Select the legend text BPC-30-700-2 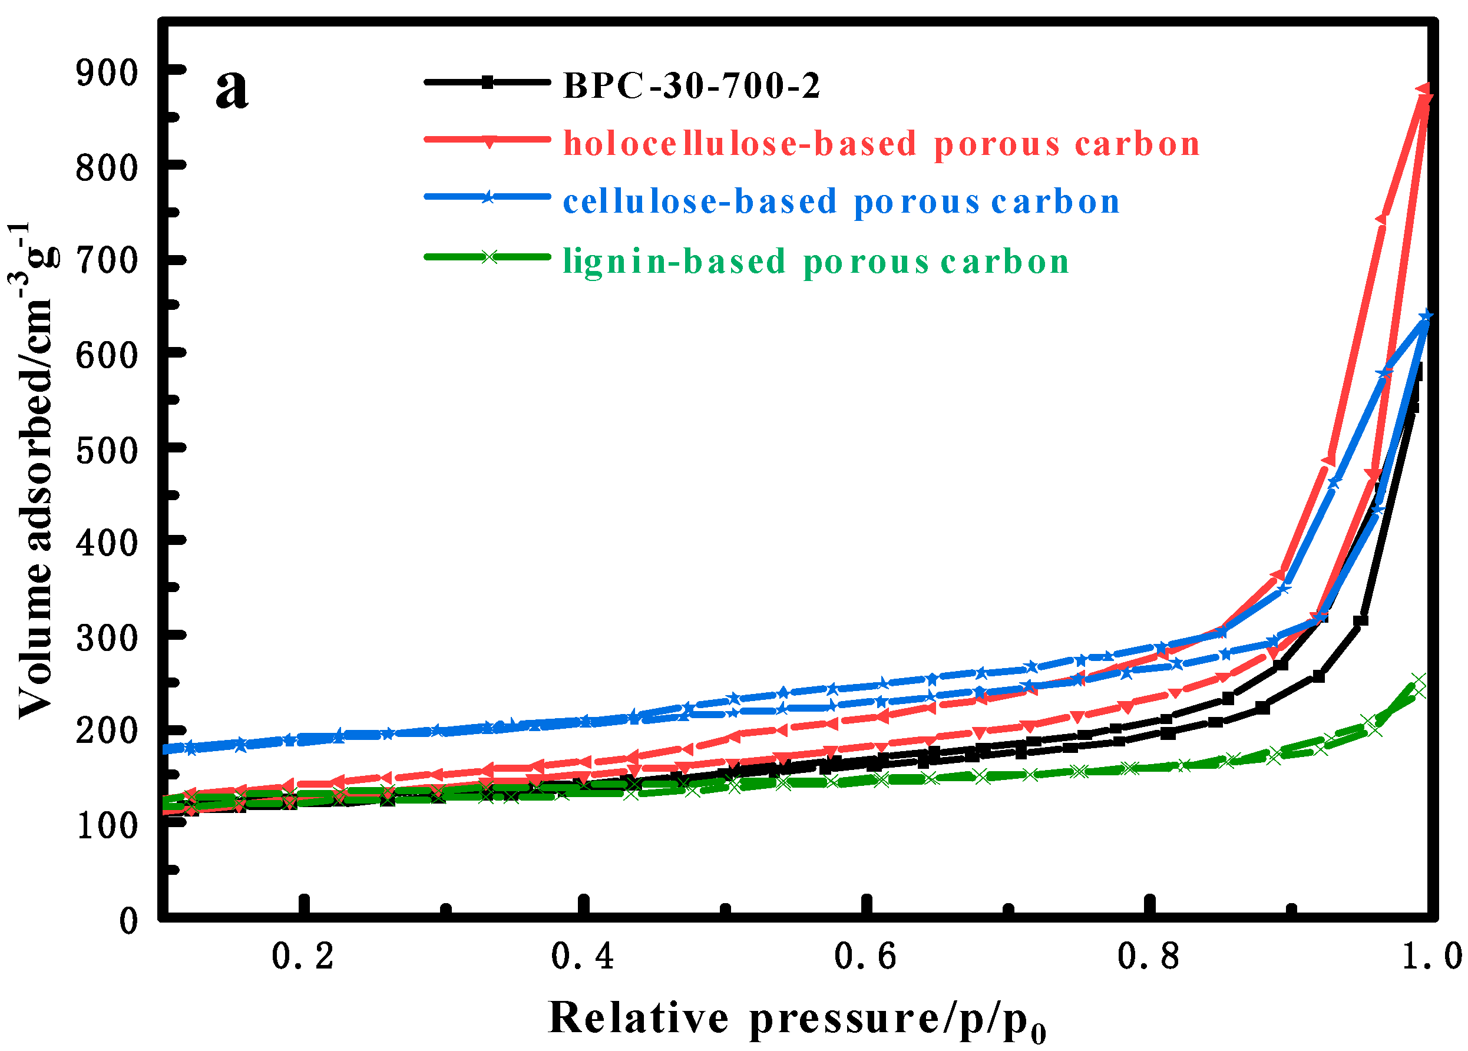(691, 85)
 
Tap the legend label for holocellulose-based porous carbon (881, 143)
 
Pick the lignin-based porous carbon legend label (816, 262)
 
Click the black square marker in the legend (488, 82)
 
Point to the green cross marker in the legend (489, 257)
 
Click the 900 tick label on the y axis (107, 73)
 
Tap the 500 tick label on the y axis (107, 451)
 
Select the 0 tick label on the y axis (129, 920)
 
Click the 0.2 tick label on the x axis (303, 957)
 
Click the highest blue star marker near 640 (1426, 316)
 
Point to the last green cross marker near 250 (1417, 681)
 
